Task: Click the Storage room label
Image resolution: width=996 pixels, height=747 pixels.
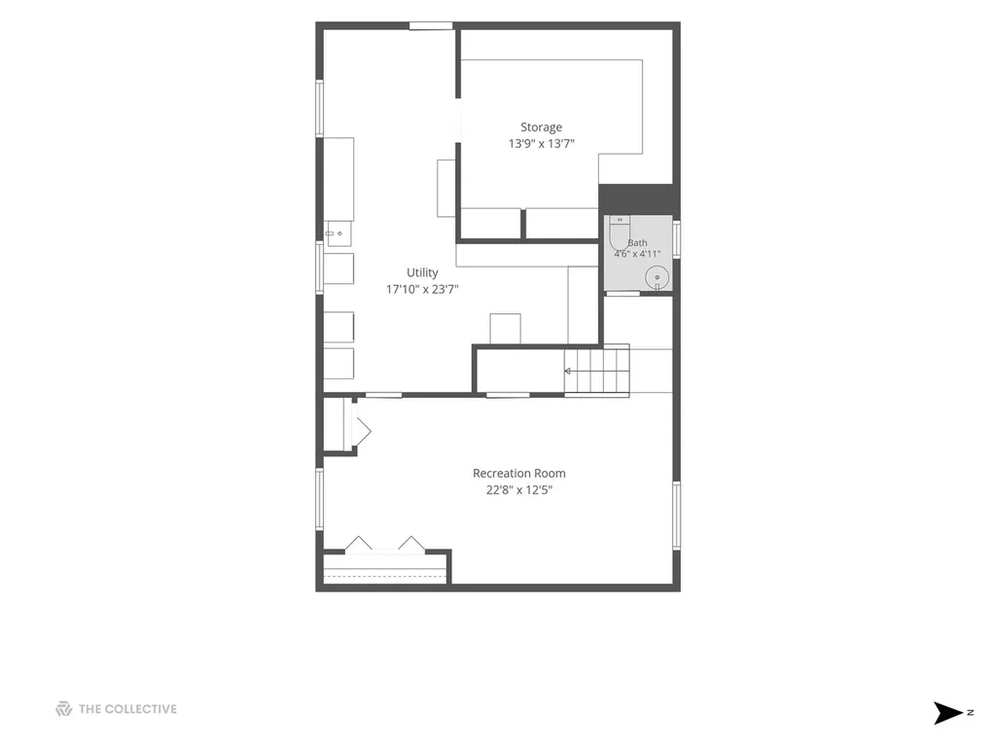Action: (541, 127)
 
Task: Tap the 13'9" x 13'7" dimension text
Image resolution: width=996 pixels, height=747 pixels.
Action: (541, 144)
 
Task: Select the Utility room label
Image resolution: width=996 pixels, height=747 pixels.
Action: (422, 272)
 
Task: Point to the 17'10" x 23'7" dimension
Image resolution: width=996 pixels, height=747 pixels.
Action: (422, 289)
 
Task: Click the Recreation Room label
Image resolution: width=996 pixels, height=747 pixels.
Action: (519, 474)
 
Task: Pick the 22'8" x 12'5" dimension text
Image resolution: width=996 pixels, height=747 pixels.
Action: (519, 490)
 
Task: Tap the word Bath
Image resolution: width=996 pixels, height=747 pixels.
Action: (638, 242)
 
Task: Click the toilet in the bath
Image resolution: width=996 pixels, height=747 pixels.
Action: (620, 233)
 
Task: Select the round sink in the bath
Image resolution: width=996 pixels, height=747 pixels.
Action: (658, 278)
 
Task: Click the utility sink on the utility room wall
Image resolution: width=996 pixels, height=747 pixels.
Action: (338, 233)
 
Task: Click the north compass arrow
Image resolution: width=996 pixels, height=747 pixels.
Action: (947, 713)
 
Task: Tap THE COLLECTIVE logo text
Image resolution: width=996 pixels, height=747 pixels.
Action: (127, 709)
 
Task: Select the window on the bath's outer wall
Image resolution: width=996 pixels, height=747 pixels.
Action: (677, 239)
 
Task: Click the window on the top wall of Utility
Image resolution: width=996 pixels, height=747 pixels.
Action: (431, 26)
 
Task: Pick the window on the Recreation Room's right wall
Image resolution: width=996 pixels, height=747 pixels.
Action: (677, 516)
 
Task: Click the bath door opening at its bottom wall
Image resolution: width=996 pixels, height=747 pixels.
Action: (623, 294)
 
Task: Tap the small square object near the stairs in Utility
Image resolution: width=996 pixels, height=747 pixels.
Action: (505, 329)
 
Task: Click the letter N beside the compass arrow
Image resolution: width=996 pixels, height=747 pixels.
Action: (971, 713)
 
